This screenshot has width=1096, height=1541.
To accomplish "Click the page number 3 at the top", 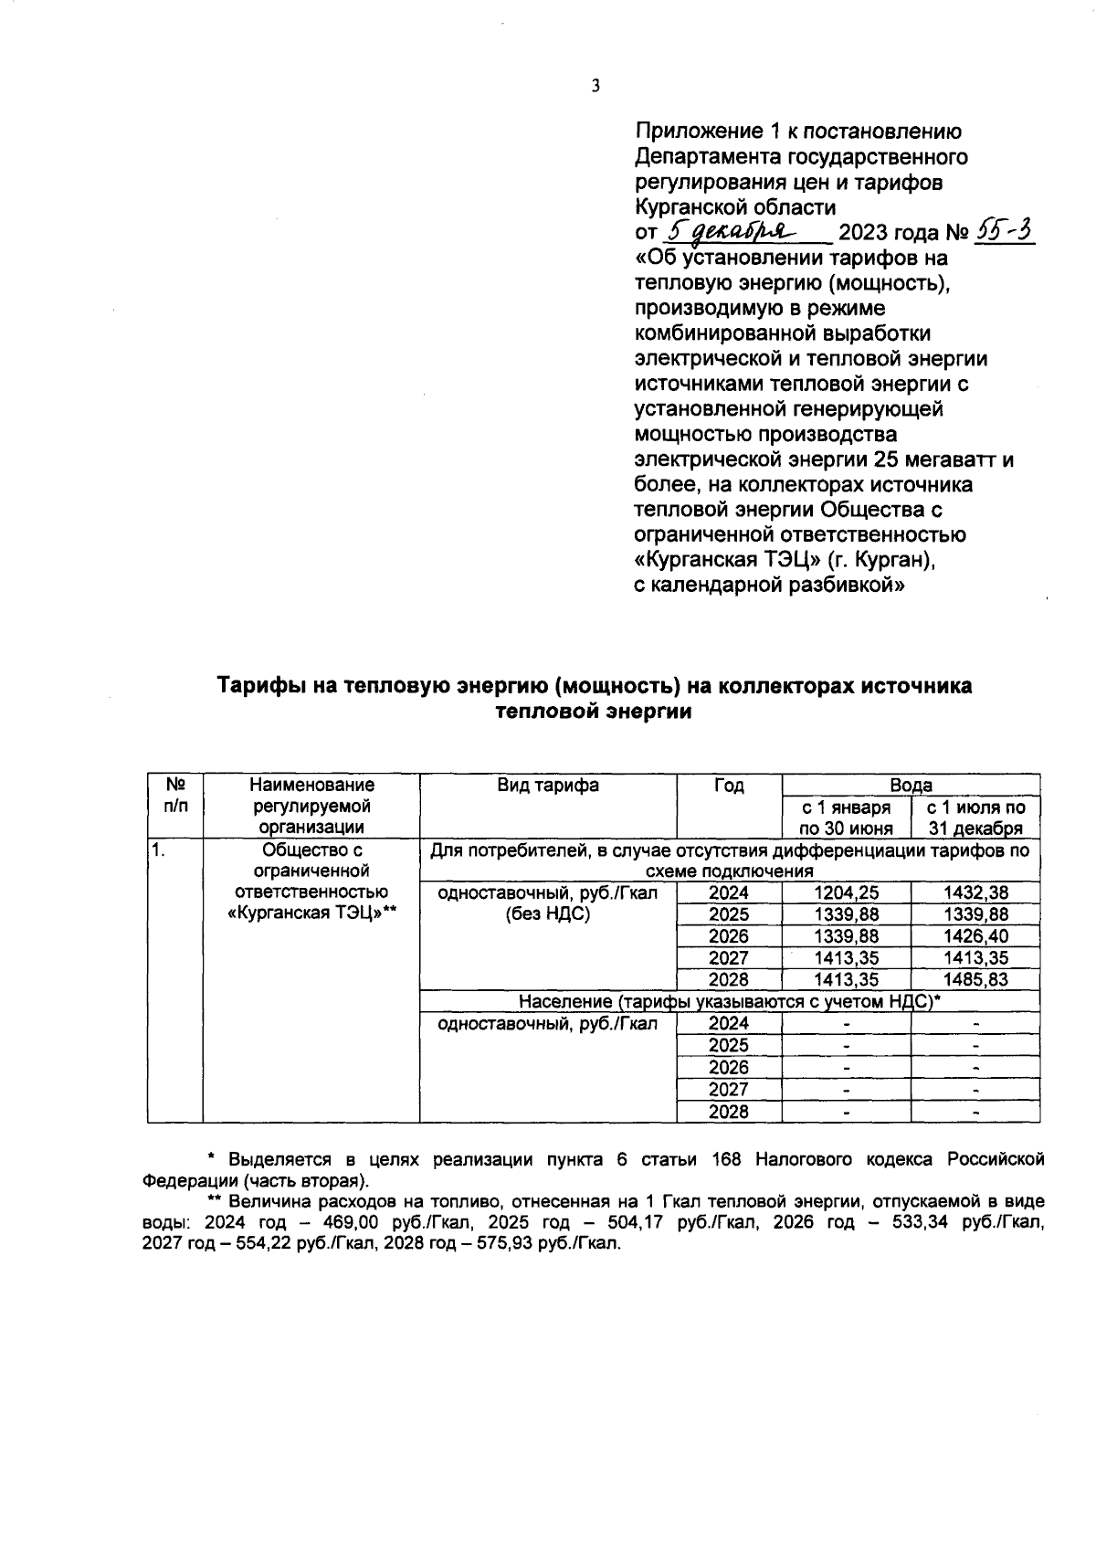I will tap(595, 87).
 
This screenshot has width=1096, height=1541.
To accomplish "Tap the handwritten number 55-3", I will tap(1004, 231).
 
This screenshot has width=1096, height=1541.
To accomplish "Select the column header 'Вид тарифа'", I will tap(548, 786).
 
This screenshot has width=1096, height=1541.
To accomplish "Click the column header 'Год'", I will tap(729, 786).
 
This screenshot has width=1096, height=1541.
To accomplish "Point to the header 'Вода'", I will tap(911, 785).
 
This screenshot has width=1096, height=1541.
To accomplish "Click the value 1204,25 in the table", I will tap(846, 893).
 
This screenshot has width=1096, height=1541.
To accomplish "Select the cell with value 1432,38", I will tap(975, 893).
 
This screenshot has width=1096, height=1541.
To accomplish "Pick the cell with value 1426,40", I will tap(975, 936).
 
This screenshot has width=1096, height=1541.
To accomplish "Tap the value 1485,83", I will tap(975, 980).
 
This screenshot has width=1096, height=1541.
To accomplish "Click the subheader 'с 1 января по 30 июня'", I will tap(846, 818).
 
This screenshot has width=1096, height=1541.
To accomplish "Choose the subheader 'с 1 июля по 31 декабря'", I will tap(975, 818).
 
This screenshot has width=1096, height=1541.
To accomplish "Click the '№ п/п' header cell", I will tap(174, 797).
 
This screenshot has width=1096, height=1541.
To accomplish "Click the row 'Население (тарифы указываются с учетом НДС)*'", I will tap(729, 1002).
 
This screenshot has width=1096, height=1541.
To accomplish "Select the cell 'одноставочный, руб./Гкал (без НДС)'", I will tap(548, 903).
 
